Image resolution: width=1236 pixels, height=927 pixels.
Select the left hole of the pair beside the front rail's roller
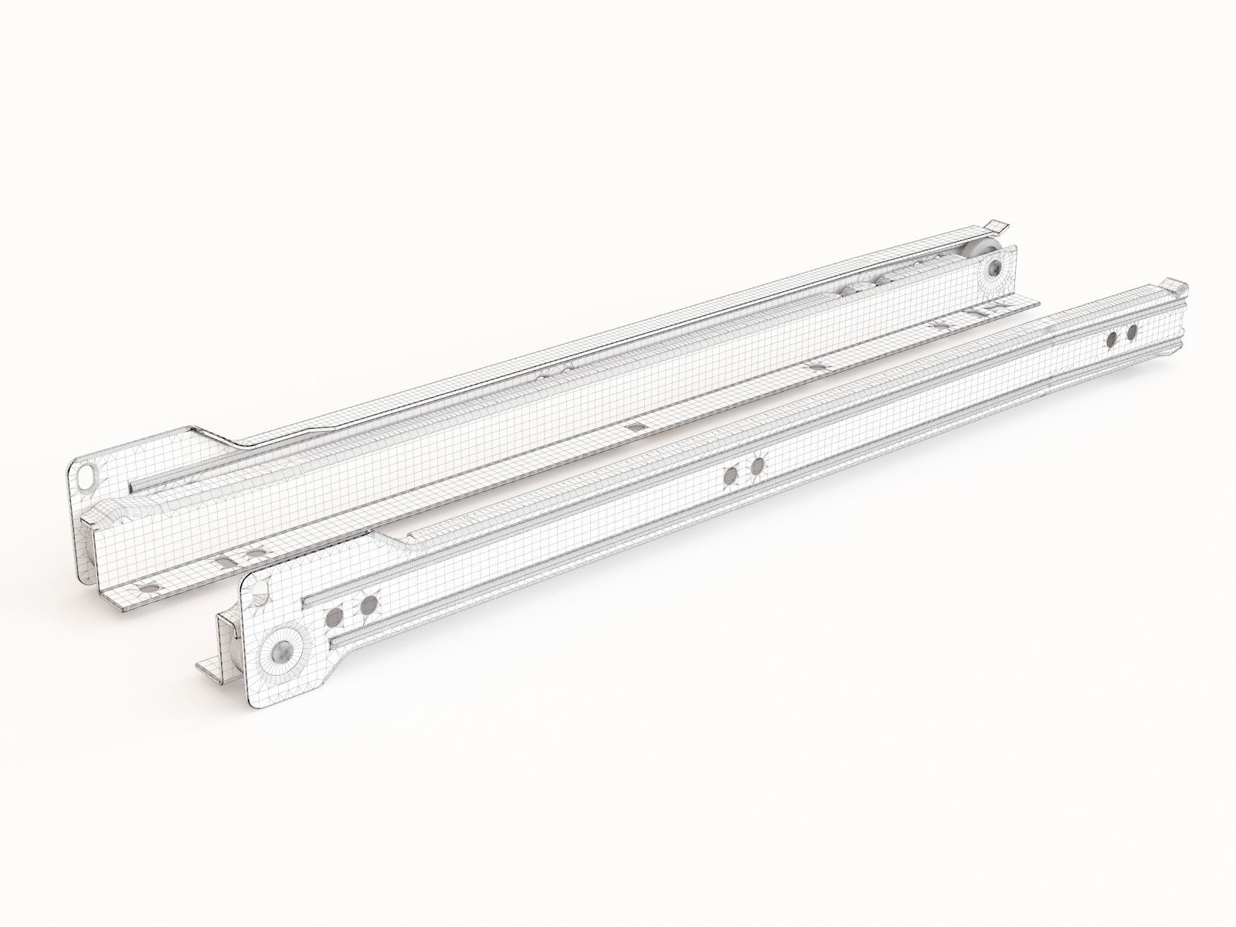[335, 594]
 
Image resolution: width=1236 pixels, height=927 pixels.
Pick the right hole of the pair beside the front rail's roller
[368, 582]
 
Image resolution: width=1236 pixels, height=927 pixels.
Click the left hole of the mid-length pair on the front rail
[730, 476]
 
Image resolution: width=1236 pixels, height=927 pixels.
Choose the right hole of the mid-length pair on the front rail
[757, 466]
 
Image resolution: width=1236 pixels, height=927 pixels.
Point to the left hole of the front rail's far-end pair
[1111, 339]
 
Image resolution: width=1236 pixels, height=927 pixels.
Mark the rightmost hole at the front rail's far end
[1132, 332]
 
